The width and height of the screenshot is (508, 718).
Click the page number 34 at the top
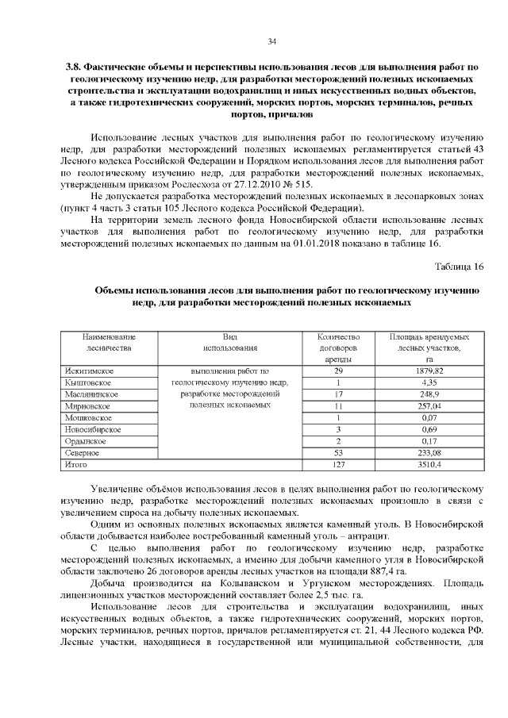pos(271,41)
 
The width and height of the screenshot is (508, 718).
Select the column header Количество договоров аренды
pos(338,347)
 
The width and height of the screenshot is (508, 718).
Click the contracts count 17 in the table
pos(338,394)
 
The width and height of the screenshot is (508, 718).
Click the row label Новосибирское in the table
pos(93,428)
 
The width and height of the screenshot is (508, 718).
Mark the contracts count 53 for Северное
pos(338,451)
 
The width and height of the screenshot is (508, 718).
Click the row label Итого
pos(76,463)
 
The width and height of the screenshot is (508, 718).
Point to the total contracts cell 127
pos(338,463)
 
